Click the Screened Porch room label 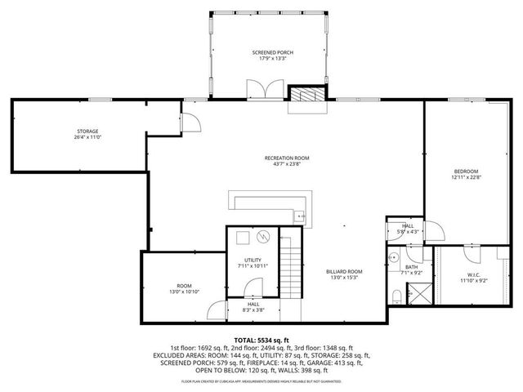pos(272,52)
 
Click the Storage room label pos(88,131)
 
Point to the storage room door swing pos(190,121)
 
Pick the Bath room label pos(412,266)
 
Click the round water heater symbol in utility pos(261,237)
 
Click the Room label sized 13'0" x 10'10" pos(184,286)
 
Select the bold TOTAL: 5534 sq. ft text pos(261,340)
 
